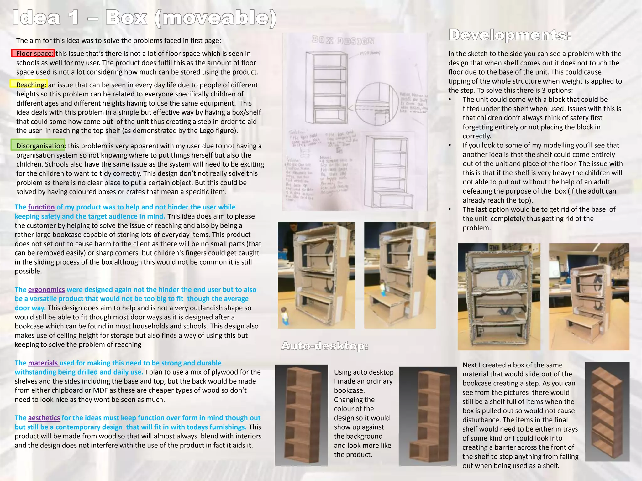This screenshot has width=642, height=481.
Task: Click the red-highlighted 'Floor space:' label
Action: coord(33,53)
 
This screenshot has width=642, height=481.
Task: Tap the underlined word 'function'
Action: coord(41,207)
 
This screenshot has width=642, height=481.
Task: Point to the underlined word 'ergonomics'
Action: coord(46,290)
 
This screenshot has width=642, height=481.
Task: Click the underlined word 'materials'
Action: coord(43,363)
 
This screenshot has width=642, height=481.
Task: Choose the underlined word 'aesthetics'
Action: coord(44,418)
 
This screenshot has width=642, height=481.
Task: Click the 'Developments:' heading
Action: coord(510,35)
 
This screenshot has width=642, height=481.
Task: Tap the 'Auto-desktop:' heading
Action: coord(324,346)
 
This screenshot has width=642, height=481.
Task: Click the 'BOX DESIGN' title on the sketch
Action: coord(343,40)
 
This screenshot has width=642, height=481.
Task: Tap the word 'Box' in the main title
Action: coord(126,18)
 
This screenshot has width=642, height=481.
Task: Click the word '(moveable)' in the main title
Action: coord(216,18)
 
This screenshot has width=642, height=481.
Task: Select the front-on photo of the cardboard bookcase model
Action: coord(499,297)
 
